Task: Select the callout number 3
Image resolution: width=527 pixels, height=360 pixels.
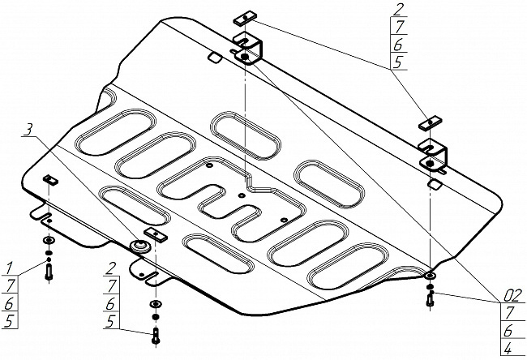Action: click(28, 130)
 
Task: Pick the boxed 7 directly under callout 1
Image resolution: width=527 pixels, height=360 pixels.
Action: click(11, 284)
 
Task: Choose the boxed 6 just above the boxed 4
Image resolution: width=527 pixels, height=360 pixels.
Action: click(507, 330)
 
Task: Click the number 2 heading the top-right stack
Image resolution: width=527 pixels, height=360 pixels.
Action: click(397, 11)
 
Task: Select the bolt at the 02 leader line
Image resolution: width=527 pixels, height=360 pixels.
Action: click(429, 298)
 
